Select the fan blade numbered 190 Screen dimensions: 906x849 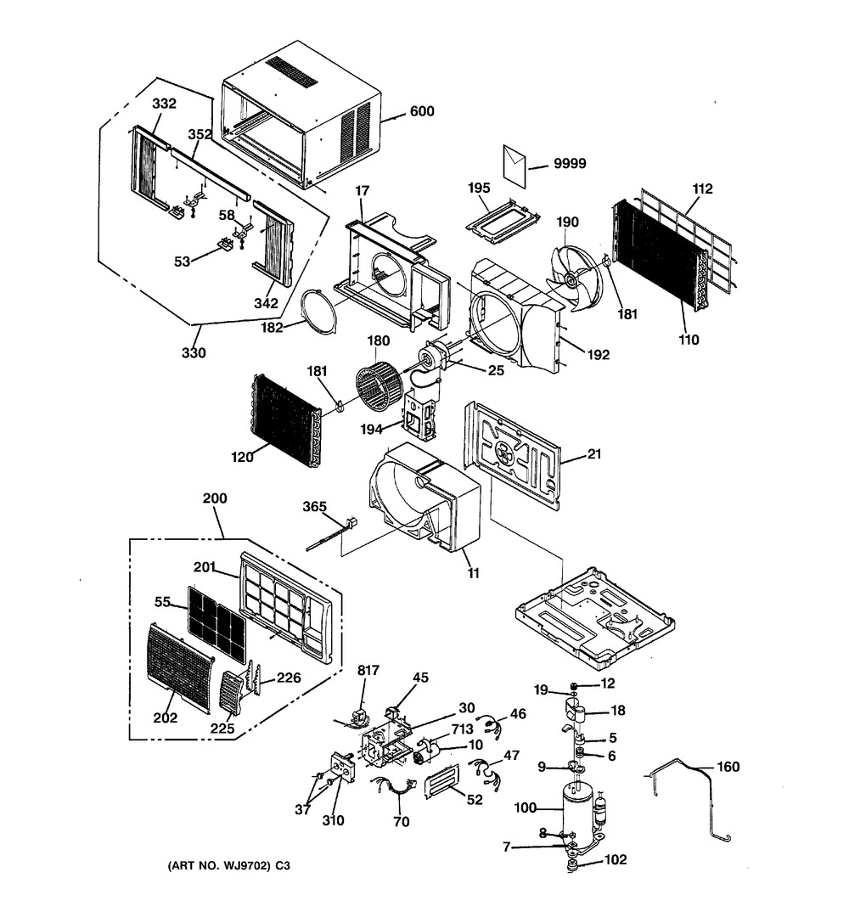point(578,275)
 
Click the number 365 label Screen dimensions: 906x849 point(314,507)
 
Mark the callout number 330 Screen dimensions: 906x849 point(195,352)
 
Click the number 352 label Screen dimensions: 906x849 point(200,135)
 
